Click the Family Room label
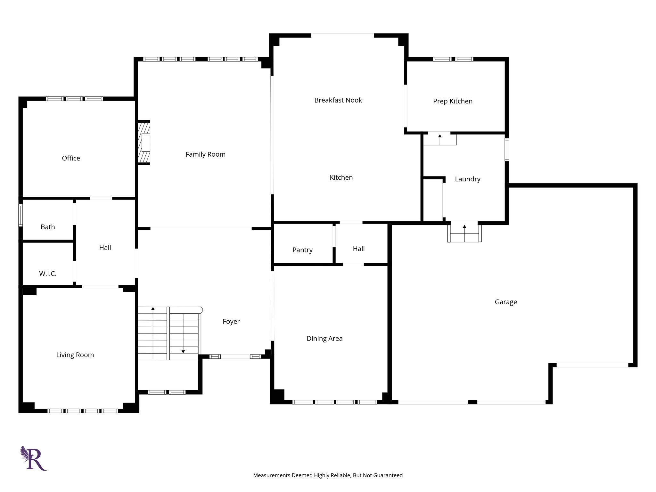(205, 154)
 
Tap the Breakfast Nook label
(338, 100)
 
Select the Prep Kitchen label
(453, 101)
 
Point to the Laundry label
(468, 179)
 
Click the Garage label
(506, 302)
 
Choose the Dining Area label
(324, 339)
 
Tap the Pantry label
(302, 250)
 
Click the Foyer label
(231, 322)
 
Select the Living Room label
(75, 355)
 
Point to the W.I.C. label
(48, 274)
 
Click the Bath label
(48, 227)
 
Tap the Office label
(71, 158)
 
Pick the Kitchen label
(341, 177)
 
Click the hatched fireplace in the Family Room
(144, 143)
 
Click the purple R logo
(34, 458)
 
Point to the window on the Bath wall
(20, 215)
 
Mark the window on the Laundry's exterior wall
(507, 149)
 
